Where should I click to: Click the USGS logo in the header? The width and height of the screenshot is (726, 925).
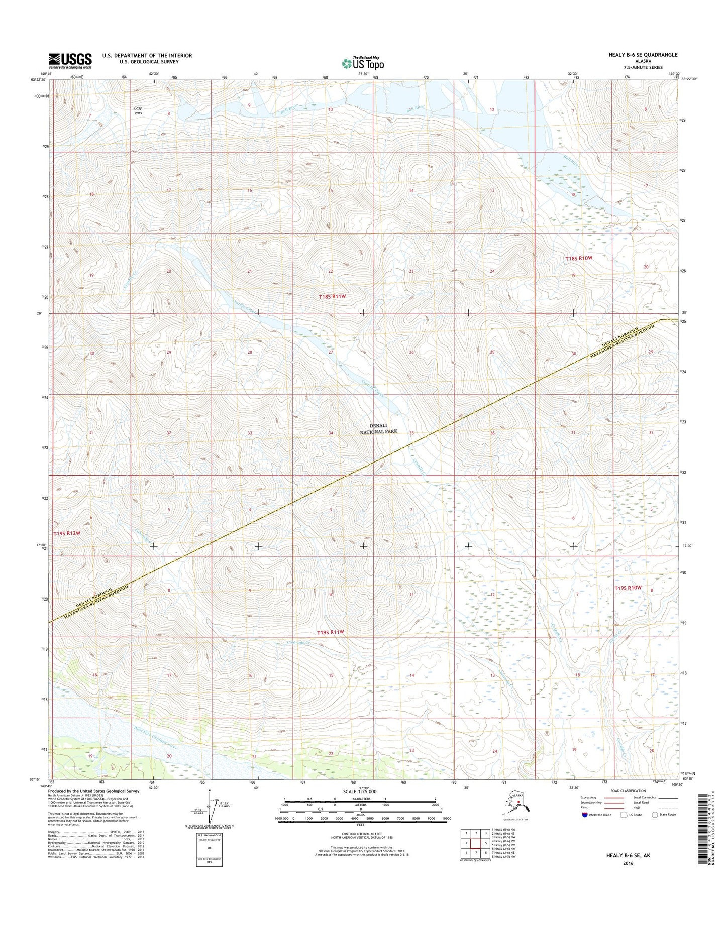tap(70, 60)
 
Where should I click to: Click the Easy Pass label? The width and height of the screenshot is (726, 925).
tap(138, 110)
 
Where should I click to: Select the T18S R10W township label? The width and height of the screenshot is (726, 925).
tap(579, 258)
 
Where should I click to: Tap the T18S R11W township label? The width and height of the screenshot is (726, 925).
tap(333, 297)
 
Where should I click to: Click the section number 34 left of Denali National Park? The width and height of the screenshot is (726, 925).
tap(331, 433)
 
